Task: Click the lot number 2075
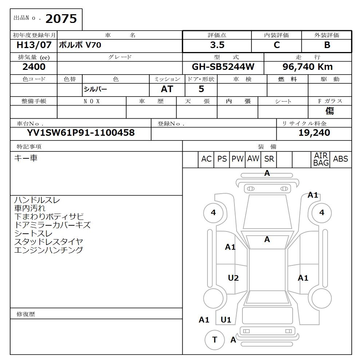(61, 19)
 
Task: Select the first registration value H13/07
(34, 45)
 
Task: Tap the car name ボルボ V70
(80, 45)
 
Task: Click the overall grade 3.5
(217, 45)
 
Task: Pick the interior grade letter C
(277, 45)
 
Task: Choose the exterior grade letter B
(327, 45)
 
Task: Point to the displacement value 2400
(34, 67)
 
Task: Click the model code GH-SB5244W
(223, 67)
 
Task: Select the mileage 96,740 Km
(308, 67)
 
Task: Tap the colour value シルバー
(95, 89)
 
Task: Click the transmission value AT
(167, 89)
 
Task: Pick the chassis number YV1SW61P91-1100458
(80, 132)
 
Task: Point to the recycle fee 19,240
(314, 133)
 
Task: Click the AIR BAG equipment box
(321, 159)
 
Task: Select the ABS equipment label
(340, 159)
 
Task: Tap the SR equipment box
(269, 159)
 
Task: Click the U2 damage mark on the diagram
(233, 278)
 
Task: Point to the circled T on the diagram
(215, 340)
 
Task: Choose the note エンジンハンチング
(48, 250)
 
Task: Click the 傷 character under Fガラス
(329, 111)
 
